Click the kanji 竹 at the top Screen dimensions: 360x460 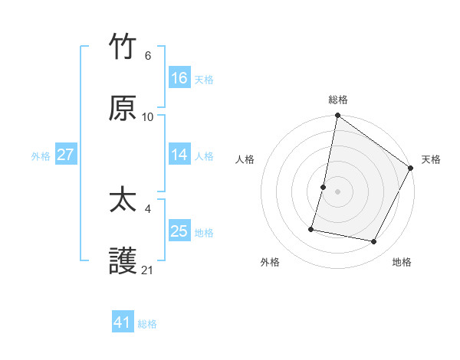(123, 47)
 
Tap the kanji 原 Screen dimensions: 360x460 (123, 108)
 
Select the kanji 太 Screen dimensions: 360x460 (123, 201)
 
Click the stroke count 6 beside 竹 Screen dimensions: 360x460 (148, 56)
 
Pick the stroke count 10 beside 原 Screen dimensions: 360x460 (148, 117)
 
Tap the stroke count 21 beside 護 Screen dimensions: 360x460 (148, 270)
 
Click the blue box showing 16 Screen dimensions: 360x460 (179, 78)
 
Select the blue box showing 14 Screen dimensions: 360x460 (179, 155)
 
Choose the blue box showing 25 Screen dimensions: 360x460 (179, 231)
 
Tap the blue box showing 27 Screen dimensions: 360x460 (66, 155)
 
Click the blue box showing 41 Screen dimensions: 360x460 (123, 322)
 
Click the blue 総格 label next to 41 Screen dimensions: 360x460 (147, 324)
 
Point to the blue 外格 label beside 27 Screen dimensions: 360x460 (41, 156)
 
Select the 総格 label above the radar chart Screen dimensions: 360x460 (338, 100)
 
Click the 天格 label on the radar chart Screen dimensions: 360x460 (431, 159)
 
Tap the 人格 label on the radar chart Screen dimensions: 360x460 (245, 159)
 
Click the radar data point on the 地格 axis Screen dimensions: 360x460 (374, 242)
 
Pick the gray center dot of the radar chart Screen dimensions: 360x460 (338, 191)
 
